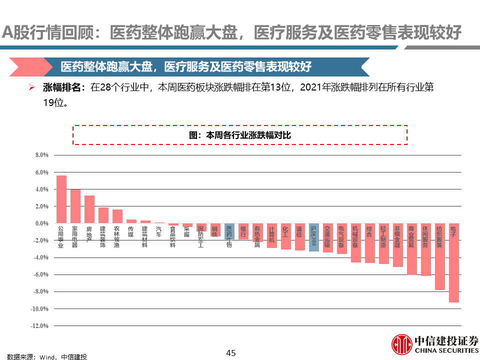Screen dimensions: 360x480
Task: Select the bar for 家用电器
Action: pyautogui.click(x=75, y=206)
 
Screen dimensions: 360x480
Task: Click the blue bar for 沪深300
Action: pyautogui.click(x=313, y=237)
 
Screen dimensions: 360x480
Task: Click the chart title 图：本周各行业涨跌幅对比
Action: pyautogui.click(x=240, y=135)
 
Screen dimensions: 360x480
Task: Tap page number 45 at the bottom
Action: pyautogui.click(x=230, y=353)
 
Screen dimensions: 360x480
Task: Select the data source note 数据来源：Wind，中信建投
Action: pyautogui.click(x=43, y=356)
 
